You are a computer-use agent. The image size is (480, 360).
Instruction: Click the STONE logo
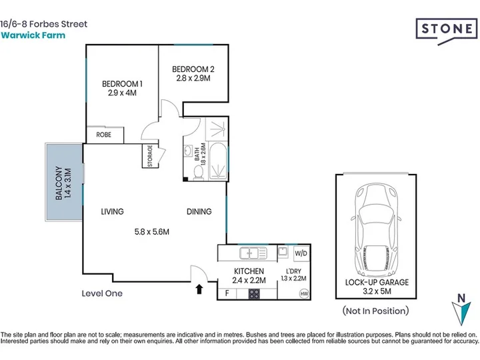tap(446, 30)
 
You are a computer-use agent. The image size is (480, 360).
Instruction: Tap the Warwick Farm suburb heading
tap(33, 35)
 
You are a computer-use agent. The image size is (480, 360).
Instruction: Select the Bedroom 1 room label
tap(122, 84)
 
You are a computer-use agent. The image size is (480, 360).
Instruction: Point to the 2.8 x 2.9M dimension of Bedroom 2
tap(193, 79)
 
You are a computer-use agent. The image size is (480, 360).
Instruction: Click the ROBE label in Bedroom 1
tap(104, 135)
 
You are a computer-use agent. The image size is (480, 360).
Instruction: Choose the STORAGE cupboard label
tap(150, 156)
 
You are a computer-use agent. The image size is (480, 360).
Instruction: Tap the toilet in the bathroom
tap(198, 173)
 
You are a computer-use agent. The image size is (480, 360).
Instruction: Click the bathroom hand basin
tap(187, 151)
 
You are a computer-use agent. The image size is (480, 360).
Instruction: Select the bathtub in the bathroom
tap(217, 161)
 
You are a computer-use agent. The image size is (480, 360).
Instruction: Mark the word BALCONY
tap(59, 183)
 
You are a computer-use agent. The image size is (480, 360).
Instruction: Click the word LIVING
tap(113, 211)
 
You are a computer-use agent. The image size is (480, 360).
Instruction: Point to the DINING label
tap(199, 211)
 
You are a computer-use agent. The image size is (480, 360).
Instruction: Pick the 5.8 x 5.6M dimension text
tap(152, 232)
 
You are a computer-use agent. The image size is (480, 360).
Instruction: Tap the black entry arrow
tap(199, 289)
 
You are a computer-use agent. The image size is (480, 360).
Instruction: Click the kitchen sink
tap(253, 253)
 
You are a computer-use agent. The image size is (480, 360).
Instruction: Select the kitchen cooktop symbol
tap(254, 294)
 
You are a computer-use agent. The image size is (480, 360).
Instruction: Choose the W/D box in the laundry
tap(301, 253)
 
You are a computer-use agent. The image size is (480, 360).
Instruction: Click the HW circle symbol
tap(304, 294)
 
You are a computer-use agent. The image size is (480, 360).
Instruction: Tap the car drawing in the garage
tap(376, 231)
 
